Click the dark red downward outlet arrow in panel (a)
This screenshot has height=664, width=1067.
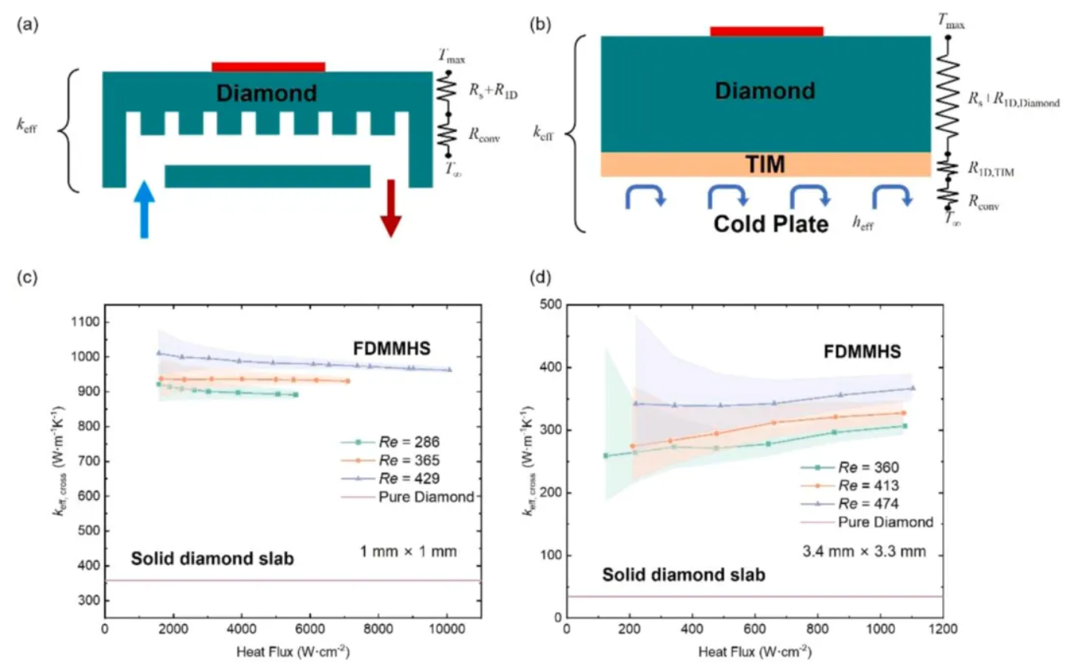point(390,208)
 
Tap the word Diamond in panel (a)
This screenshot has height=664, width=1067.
point(267,93)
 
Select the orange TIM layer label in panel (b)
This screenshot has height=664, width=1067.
point(765,164)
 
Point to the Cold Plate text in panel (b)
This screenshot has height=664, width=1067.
point(770,225)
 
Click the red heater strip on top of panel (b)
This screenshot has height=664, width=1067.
point(767,31)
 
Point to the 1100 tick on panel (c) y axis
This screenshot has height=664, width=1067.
point(82,322)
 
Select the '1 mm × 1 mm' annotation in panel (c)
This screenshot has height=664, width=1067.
point(403,553)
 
